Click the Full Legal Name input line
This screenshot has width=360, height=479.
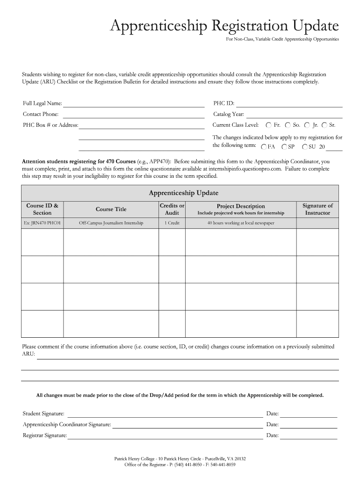(x=134, y=104)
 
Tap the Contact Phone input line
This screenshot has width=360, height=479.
(x=134, y=115)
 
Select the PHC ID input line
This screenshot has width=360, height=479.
(x=290, y=104)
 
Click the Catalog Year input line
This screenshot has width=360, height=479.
(x=295, y=115)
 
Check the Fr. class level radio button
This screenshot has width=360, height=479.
(x=268, y=125)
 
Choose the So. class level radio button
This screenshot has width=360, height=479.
(x=288, y=125)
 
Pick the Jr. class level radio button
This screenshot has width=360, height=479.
(x=307, y=125)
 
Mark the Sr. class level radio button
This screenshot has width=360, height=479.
(x=324, y=125)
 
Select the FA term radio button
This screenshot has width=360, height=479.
(x=264, y=147)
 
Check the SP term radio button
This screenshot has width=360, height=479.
(x=284, y=147)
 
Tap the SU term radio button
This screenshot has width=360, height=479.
(x=305, y=147)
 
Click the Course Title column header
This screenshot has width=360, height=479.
(x=111, y=209)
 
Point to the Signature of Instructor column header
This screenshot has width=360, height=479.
(x=317, y=209)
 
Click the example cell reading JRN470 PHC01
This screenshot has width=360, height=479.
(x=42, y=223)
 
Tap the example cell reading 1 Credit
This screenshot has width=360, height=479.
(x=172, y=223)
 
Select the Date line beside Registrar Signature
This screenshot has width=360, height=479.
(x=309, y=436)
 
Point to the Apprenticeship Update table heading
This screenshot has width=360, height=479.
(x=183, y=193)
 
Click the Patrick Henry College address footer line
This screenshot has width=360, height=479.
(x=180, y=459)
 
